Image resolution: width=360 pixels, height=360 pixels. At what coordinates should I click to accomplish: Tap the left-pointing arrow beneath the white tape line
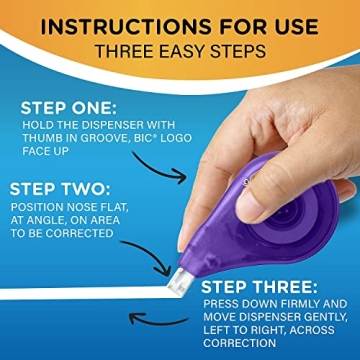click(x=159, y=319)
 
